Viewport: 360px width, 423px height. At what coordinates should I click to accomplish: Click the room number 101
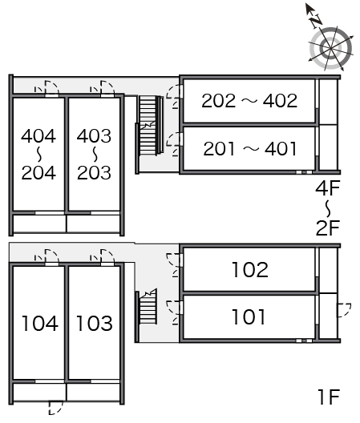click(249, 316)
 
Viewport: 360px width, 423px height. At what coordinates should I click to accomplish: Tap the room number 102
click(250, 269)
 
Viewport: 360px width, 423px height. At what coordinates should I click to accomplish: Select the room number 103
click(95, 323)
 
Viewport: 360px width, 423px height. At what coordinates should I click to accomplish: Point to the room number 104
click(40, 323)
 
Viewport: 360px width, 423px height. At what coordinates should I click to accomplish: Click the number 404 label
click(38, 135)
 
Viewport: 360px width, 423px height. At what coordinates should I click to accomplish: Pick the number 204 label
click(38, 173)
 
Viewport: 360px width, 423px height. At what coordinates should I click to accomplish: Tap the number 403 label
click(94, 135)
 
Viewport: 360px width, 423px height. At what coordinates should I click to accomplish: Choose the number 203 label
click(94, 173)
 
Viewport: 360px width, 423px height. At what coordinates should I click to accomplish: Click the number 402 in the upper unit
click(280, 101)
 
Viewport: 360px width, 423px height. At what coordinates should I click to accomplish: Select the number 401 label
click(281, 149)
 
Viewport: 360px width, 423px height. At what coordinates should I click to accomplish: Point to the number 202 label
click(218, 101)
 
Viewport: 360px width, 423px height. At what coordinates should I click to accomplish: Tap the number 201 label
click(219, 149)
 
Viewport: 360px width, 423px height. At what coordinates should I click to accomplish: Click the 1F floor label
click(329, 397)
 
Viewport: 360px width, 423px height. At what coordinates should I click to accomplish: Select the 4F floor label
click(328, 188)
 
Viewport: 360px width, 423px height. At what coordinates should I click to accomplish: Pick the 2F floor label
click(328, 228)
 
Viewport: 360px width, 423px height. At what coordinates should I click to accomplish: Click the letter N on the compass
click(316, 21)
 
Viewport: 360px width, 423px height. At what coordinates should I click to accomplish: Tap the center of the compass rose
click(331, 49)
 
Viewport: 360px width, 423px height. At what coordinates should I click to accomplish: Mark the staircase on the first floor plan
click(148, 308)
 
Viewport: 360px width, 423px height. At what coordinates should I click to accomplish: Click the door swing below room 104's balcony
click(55, 408)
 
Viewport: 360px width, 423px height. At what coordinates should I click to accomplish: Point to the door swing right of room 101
click(344, 310)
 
